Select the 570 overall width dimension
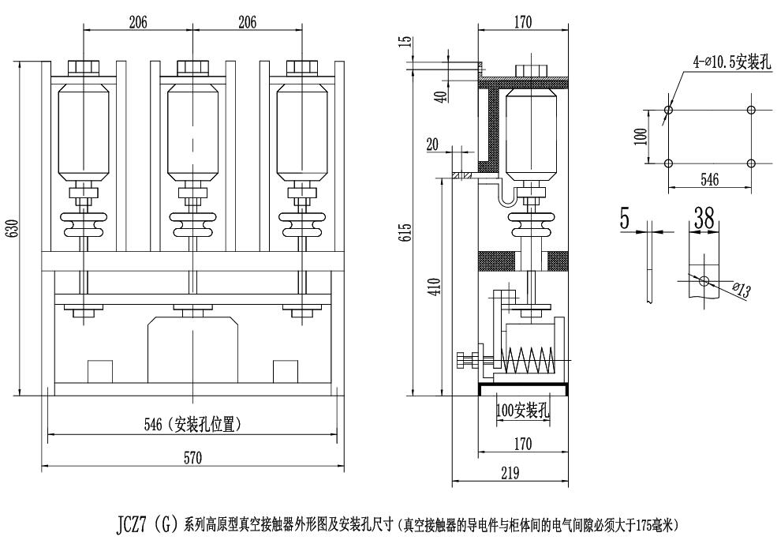192,457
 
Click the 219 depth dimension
510,474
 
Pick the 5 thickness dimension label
625,219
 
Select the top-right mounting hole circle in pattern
750,110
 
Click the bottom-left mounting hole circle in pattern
669,163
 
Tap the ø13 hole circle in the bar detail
703,279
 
